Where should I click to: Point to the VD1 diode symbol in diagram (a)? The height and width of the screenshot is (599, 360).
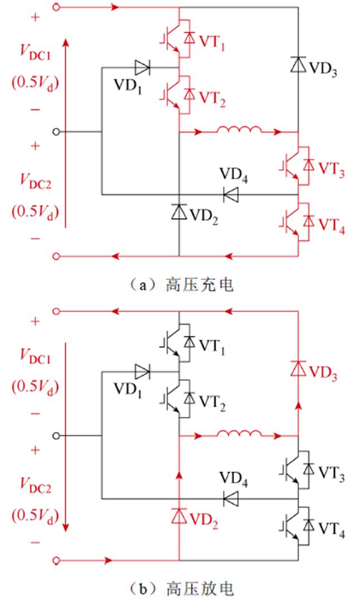click(x=143, y=68)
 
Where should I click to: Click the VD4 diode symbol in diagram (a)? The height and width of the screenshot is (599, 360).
click(x=231, y=194)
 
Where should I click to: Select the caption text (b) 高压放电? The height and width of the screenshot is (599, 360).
click(x=178, y=588)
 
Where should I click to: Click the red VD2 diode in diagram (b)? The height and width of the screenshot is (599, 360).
click(x=179, y=515)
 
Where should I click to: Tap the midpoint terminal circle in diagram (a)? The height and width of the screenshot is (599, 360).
click(x=56, y=132)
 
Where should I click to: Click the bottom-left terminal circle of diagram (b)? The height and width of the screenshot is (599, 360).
click(x=56, y=560)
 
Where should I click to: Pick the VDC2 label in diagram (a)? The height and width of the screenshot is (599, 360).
click(x=35, y=179)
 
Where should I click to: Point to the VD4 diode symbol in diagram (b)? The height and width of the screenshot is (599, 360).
click(x=231, y=498)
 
